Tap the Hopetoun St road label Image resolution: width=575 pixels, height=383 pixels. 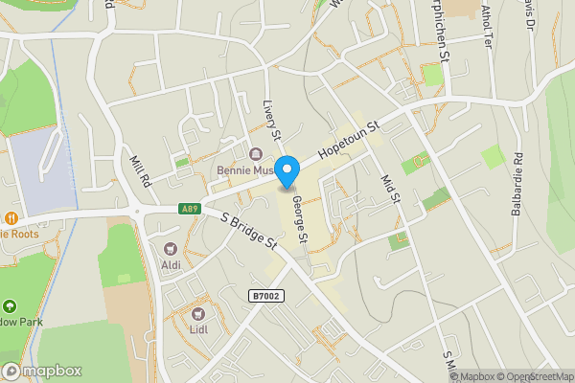(x=350, y=141)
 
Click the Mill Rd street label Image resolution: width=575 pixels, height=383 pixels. (x=140, y=170)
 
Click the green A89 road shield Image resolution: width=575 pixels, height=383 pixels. (x=190, y=209)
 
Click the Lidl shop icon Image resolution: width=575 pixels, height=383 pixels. (x=200, y=314)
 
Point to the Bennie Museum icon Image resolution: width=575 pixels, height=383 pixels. (x=255, y=155)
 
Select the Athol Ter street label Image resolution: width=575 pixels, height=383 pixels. (x=486, y=26)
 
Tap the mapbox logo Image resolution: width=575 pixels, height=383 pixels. (x=42, y=371)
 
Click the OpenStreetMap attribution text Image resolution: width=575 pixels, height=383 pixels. (x=535, y=376)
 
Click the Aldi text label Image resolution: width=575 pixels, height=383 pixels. (x=171, y=264)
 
